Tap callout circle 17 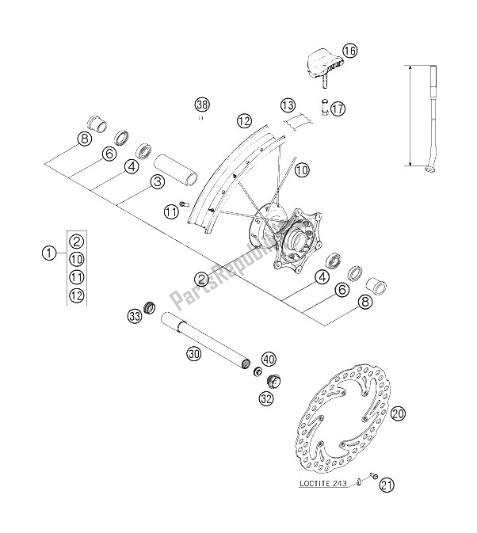338,110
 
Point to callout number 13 286,105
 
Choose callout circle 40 268,357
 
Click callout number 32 267,398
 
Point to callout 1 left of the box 48,254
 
